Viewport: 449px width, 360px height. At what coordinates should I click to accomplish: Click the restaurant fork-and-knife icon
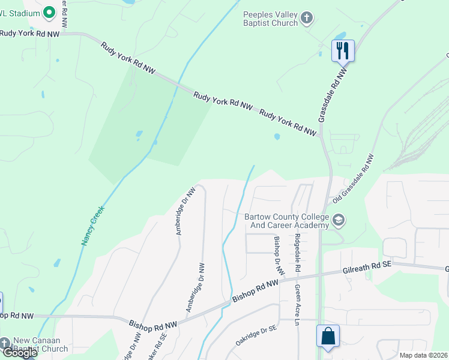(x=343, y=50)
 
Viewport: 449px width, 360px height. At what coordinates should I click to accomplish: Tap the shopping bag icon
(x=328, y=336)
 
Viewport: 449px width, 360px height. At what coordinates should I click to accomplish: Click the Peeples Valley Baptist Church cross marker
(x=307, y=18)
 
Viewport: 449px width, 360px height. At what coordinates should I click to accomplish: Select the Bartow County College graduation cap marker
(x=339, y=220)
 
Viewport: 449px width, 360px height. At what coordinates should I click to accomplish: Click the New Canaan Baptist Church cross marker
(x=5, y=343)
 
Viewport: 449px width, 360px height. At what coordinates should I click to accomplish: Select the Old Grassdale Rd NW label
(x=354, y=177)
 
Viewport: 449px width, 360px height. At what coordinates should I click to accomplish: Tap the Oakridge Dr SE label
(x=255, y=335)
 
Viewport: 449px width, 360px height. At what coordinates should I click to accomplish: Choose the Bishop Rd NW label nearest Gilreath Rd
(x=256, y=288)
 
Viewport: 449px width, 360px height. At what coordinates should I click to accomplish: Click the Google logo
(x=20, y=353)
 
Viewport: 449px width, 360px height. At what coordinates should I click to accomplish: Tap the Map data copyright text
(x=424, y=355)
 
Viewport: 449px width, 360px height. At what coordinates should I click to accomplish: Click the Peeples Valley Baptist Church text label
(x=270, y=19)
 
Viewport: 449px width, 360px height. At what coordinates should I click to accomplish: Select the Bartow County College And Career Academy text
(x=287, y=221)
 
